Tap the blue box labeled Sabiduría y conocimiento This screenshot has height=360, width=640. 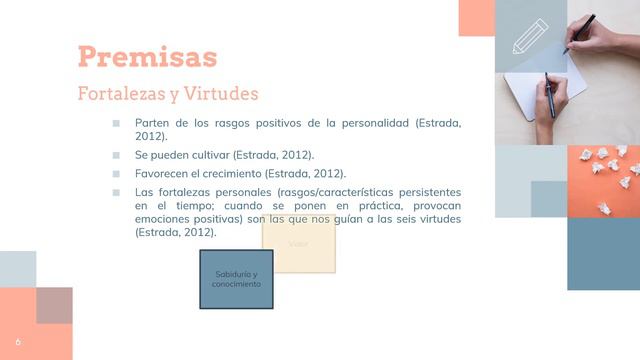point(236,279)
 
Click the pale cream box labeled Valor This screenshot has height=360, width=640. point(298,245)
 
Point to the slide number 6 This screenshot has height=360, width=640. point(17,341)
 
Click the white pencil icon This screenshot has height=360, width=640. point(530,36)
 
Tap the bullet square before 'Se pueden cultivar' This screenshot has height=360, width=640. point(116,155)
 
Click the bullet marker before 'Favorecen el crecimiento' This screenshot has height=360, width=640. point(116,173)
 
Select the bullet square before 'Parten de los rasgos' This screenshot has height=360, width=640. point(116,123)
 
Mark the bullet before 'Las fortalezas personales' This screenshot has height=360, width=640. point(116,191)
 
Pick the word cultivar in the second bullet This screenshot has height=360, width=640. point(206,155)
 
